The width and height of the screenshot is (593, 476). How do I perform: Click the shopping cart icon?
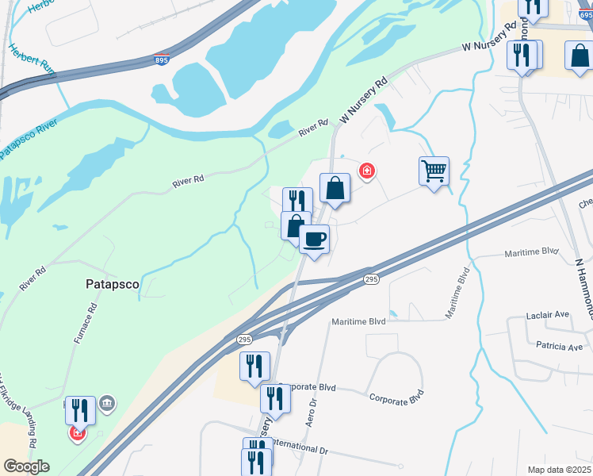click(x=434, y=171)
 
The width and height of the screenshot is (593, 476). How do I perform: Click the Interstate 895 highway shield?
click(x=161, y=60)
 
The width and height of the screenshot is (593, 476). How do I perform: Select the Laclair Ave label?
click(x=548, y=315)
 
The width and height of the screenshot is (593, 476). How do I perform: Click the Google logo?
click(x=26, y=466)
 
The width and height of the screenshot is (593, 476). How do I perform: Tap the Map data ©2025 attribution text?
click(x=559, y=470)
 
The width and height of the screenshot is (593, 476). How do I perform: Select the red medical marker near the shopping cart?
click(x=366, y=170)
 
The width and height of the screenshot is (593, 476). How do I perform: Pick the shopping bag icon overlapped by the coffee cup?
click(x=295, y=225)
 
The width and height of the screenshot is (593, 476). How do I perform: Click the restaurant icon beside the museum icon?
click(x=81, y=410)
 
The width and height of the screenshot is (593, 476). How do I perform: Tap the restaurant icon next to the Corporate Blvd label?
click(x=275, y=398)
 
